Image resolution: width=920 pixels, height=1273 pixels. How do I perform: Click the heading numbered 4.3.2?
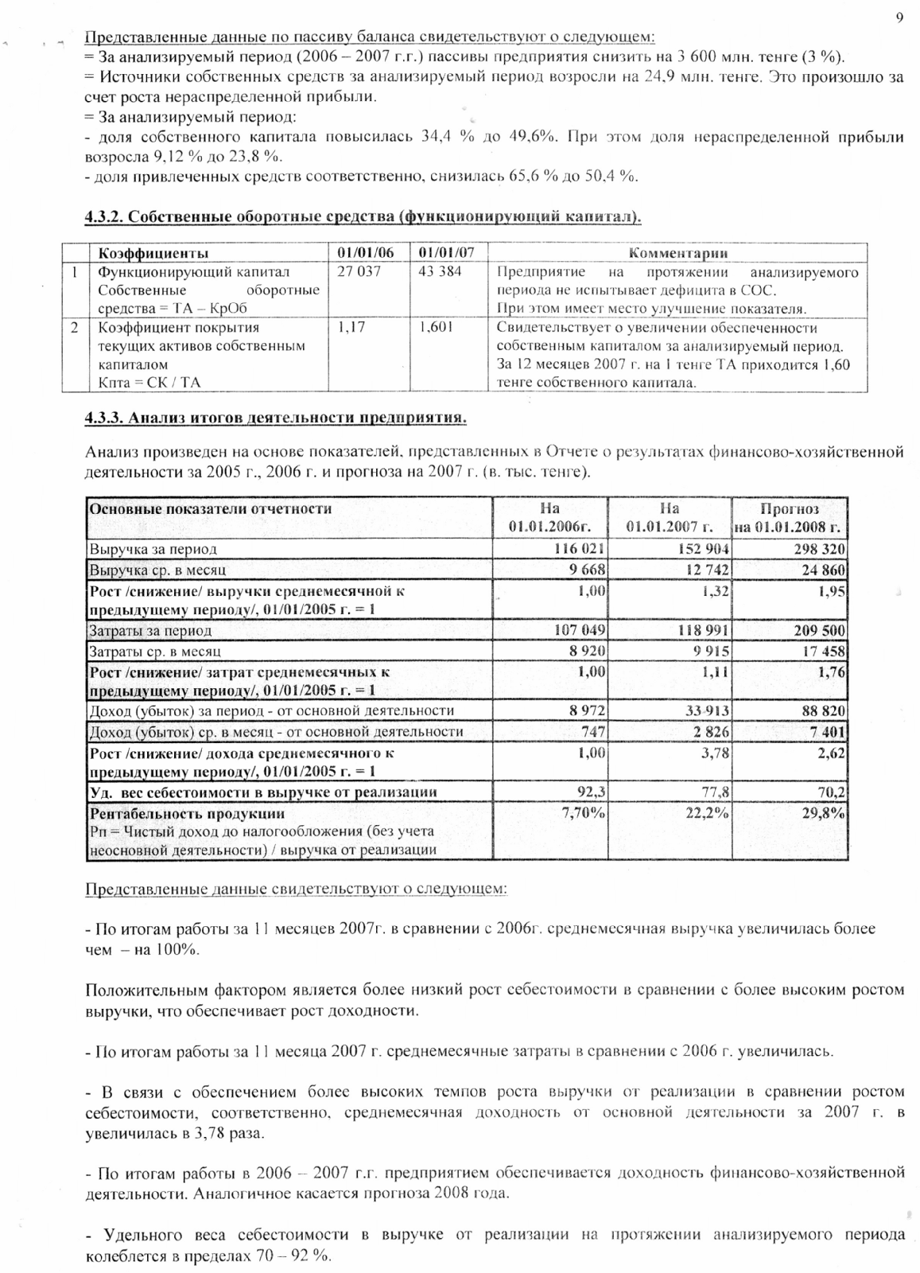[x=363, y=217]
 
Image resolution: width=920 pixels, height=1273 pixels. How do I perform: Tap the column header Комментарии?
[x=677, y=253]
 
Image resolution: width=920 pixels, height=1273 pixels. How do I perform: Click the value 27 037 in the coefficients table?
[x=359, y=271]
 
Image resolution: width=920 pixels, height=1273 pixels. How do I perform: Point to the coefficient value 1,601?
[x=436, y=327]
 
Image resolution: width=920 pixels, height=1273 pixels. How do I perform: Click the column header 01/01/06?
[x=365, y=253]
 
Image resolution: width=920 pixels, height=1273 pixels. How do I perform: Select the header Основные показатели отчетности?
[x=211, y=509]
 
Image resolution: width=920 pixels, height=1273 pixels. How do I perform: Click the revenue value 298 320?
[x=819, y=549]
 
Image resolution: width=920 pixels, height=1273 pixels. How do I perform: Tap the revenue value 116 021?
[x=580, y=549]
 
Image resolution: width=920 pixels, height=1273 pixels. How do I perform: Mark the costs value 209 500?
[x=819, y=631]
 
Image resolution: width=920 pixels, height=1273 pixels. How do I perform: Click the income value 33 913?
[x=705, y=711]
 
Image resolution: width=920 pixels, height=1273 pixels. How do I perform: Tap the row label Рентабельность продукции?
[x=188, y=814]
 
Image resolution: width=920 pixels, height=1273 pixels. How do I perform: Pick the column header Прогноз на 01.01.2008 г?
[x=790, y=518]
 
